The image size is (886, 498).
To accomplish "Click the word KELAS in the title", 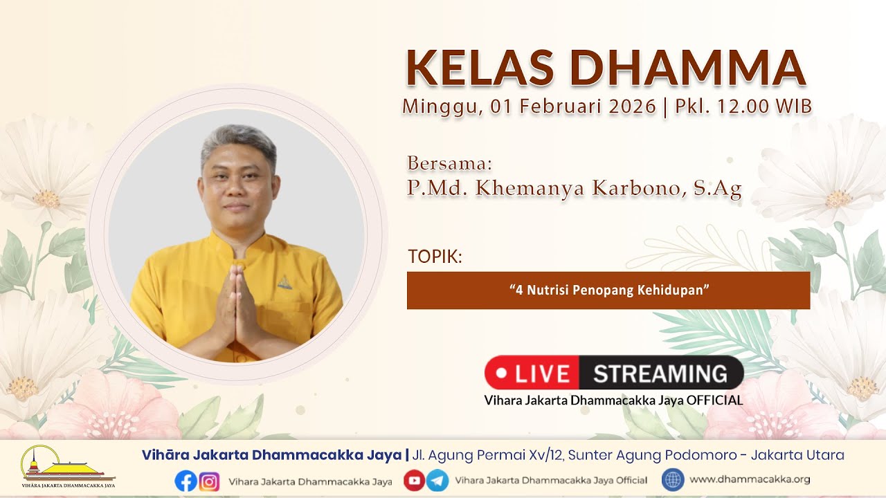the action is tap(480, 68).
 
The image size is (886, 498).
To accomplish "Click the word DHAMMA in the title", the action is tap(688, 68).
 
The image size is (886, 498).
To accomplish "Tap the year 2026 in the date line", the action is tap(632, 107).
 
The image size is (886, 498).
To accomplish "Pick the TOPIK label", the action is tap(435, 257).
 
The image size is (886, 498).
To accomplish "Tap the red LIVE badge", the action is tap(532, 373).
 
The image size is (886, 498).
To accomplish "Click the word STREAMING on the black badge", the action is tap(660, 373).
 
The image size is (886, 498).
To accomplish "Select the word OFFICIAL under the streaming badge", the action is tap(714, 400).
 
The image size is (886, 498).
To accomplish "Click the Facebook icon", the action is tap(186, 481).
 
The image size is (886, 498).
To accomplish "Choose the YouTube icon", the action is tap(414, 481).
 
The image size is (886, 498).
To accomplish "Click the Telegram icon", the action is tap(437, 481).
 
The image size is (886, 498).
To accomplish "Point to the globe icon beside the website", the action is tap(673, 480).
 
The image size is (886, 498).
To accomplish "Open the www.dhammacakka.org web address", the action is tap(750, 479).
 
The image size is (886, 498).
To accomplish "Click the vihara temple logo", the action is tap(68, 466).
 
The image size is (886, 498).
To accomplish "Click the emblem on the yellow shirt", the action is tap(284, 282).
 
